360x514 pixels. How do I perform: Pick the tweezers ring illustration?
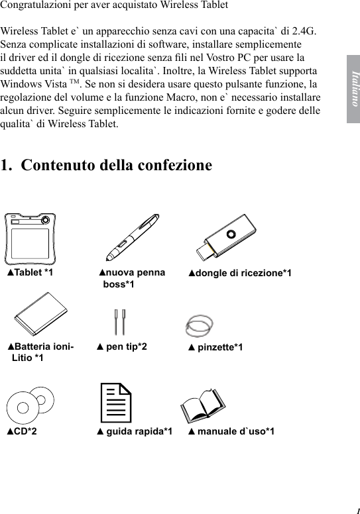tap(200, 323)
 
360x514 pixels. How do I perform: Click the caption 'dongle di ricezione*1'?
tap(239, 273)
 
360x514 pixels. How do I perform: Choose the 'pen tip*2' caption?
tap(122, 346)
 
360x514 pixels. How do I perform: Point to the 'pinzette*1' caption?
tap(215, 347)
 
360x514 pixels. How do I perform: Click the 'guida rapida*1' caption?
tap(135, 432)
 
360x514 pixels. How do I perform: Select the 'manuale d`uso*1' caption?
tap(231, 432)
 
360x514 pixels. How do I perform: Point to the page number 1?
tap(355, 511)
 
